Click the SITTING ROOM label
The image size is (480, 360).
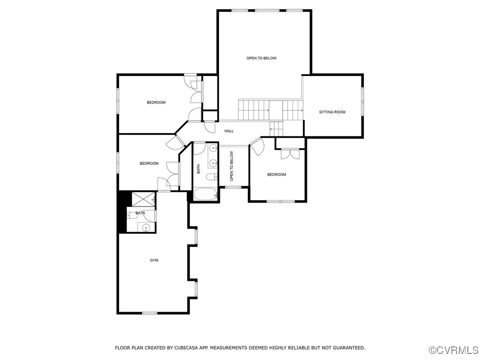332,112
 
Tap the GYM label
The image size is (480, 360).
154,260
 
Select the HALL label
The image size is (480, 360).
229,131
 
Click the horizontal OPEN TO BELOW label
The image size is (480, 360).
262,58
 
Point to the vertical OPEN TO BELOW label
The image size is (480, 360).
232,166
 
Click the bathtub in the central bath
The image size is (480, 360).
205,194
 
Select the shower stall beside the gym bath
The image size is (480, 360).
143,199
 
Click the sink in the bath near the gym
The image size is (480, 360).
146,228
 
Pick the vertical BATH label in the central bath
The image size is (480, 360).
198,169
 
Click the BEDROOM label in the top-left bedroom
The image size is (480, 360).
156,102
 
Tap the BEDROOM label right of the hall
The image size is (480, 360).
276,174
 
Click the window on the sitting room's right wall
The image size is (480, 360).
362,101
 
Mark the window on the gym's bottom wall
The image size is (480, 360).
150,313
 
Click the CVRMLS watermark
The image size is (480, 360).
454,350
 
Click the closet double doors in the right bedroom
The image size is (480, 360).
289,154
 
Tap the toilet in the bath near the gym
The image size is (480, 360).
129,216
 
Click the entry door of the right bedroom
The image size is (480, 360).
257,146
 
